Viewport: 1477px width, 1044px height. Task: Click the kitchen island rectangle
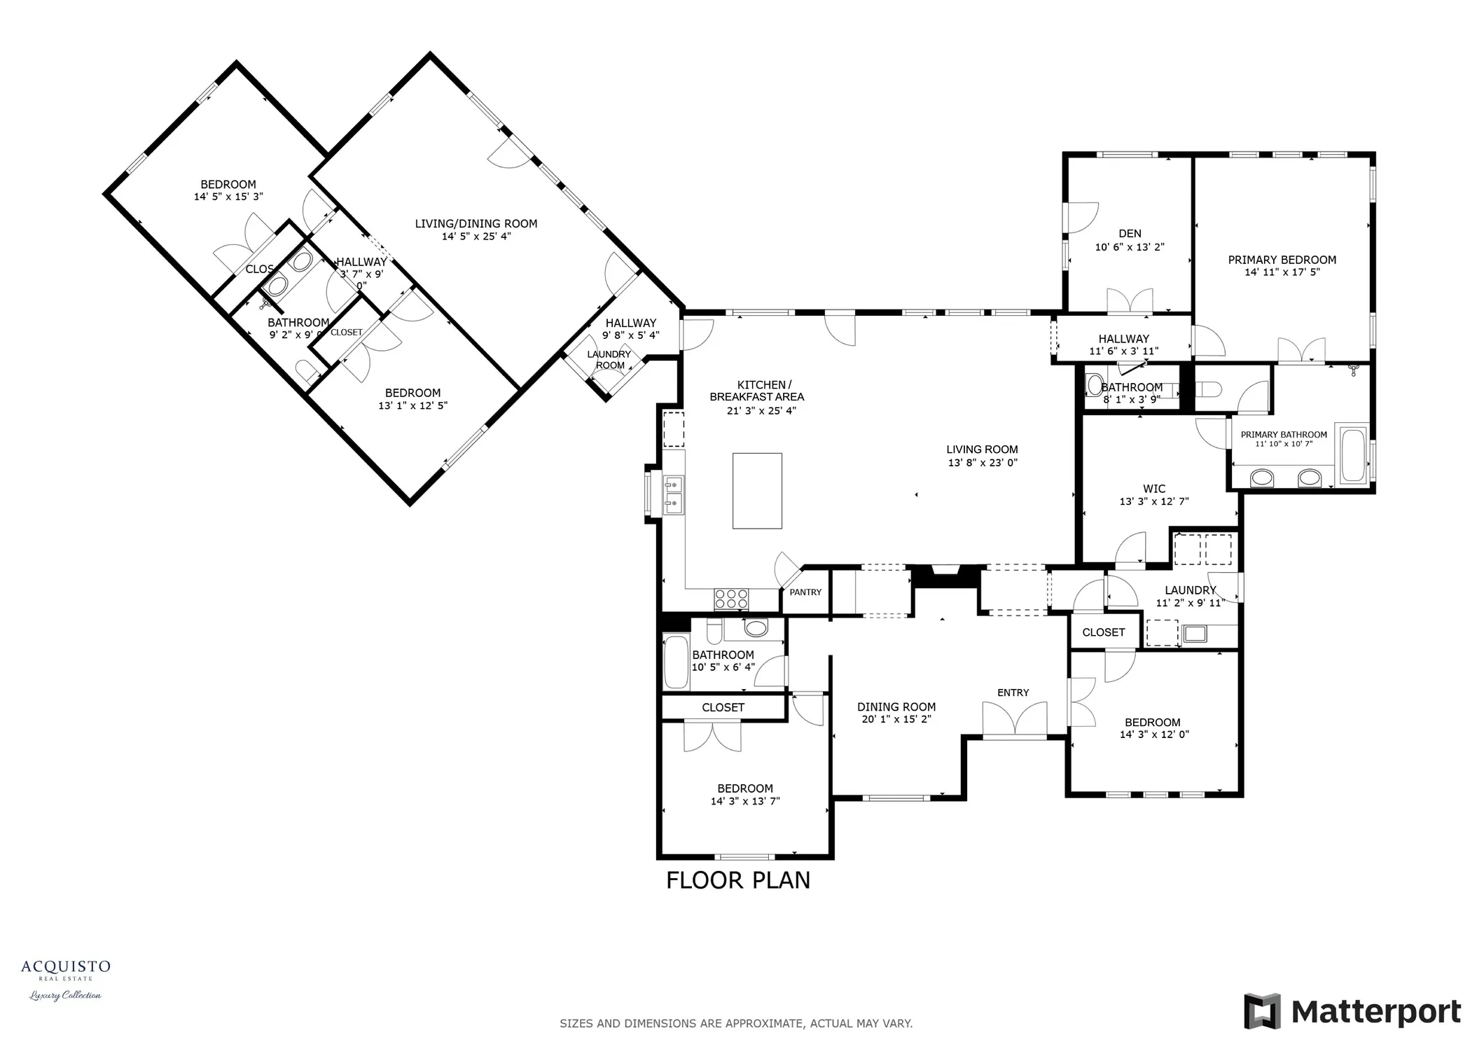pyautogui.click(x=756, y=490)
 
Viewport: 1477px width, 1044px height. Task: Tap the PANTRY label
pyautogui.click(x=805, y=592)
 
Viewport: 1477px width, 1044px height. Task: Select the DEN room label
pyautogui.click(x=1129, y=233)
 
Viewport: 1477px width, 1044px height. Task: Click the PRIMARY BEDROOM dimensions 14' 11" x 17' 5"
pyautogui.click(x=1282, y=272)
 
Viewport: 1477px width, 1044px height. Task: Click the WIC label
pyautogui.click(x=1153, y=489)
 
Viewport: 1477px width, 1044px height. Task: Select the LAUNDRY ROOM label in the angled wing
pyautogui.click(x=609, y=359)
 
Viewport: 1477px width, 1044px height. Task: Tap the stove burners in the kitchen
pyautogui.click(x=731, y=599)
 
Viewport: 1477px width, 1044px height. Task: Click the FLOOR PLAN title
pyautogui.click(x=737, y=879)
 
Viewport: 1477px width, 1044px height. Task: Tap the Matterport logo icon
pyautogui.click(x=1262, y=1011)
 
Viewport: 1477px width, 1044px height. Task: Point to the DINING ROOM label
pyautogui.click(x=896, y=707)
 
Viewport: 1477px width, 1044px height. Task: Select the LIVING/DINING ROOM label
pyautogui.click(x=476, y=223)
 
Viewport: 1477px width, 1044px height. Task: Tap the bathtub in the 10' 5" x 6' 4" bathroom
pyautogui.click(x=676, y=661)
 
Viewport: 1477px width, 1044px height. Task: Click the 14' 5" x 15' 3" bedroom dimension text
pyautogui.click(x=228, y=197)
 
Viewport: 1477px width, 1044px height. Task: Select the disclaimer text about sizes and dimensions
pyautogui.click(x=735, y=1023)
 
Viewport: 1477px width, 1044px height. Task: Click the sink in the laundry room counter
pyautogui.click(x=1195, y=634)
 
